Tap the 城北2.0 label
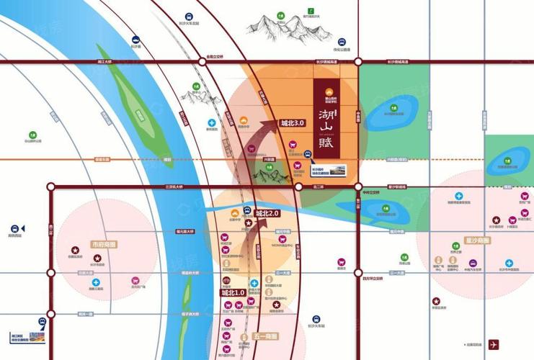pos(266,213)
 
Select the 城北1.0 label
pos(233,293)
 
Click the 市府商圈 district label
pos(104,245)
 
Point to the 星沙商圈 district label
pos(477,240)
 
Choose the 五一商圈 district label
pos(266,336)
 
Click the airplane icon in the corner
pos(494,344)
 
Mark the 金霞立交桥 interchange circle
pos(198,63)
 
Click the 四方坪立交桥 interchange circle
pos(358,271)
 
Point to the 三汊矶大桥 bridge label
pos(176,186)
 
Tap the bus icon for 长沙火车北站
pos(189,17)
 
